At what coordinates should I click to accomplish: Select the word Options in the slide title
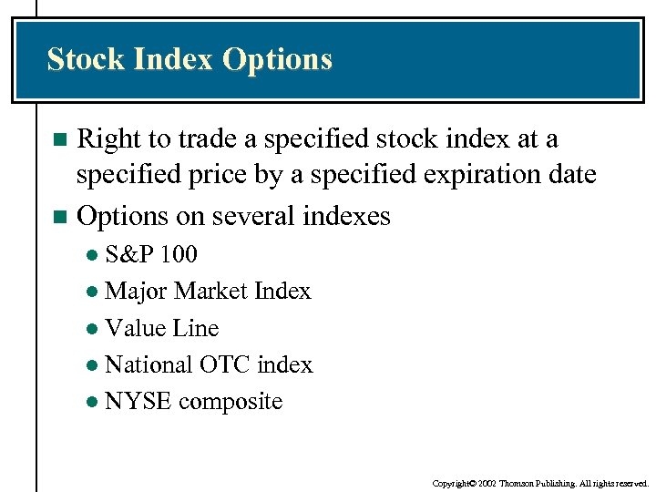click(x=278, y=60)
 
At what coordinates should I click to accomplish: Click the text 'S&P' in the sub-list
click(x=126, y=253)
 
